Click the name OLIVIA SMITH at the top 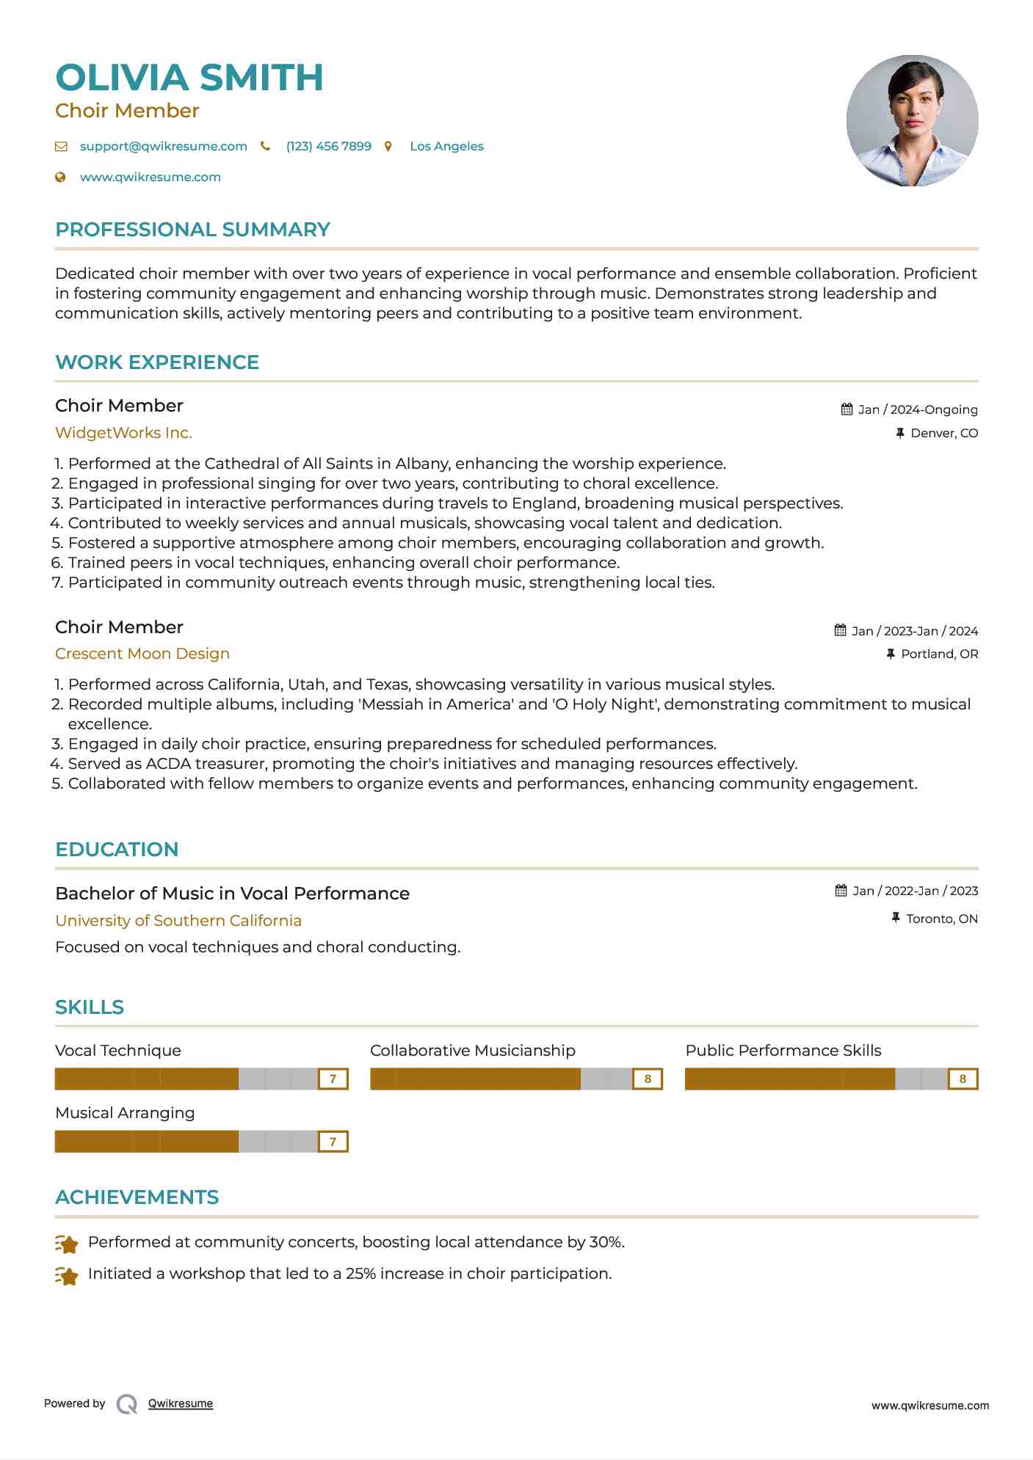[x=189, y=78]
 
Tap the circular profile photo [x=912, y=121]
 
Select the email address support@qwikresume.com [x=163, y=146]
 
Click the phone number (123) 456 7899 [x=328, y=146]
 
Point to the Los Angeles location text [x=446, y=146]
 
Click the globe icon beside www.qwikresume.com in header [x=61, y=177]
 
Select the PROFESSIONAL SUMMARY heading [x=192, y=230]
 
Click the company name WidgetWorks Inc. [x=123, y=433]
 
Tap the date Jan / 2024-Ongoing [x=917, y=409]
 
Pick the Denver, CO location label [x=943, y=433]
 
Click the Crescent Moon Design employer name [x=142, y=654]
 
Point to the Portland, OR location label [x=939, y=654]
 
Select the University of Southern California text [x=178, y=921]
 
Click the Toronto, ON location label [x=941, y=919]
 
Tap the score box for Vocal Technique [x=333, y=1078]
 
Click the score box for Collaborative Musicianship [x=648, y=1078]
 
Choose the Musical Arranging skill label [x=125, y=1113]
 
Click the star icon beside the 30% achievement [x=67, y=1244]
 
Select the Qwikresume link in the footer [x=181, y=1404]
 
